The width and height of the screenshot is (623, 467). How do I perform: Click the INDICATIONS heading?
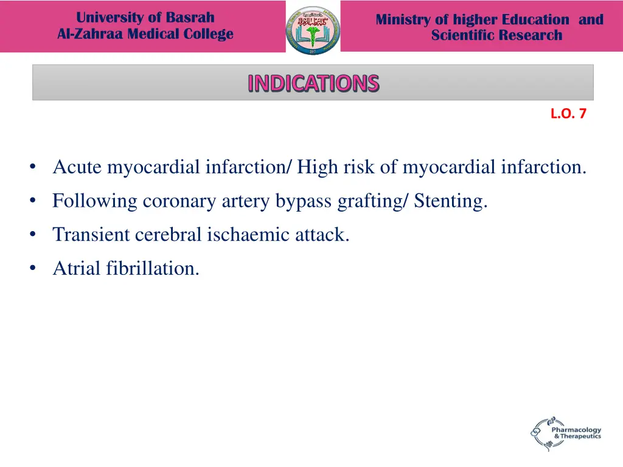(313, 83)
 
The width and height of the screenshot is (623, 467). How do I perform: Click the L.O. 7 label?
(568, 113)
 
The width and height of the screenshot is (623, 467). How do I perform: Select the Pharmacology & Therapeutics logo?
(565, 433)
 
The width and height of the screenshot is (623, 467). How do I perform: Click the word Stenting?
(451, 201)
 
